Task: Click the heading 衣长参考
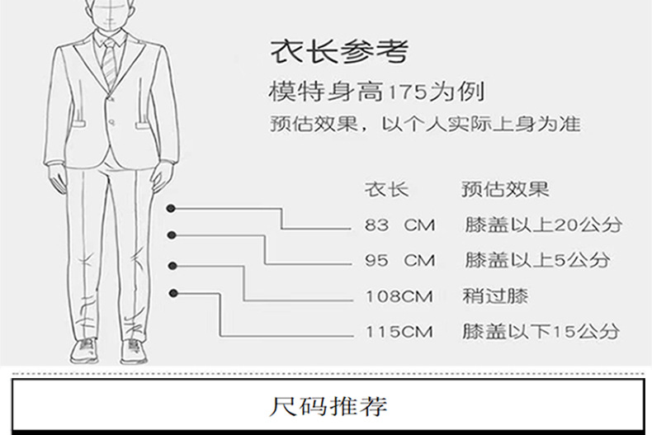[x=339, y=52]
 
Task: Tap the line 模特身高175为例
[x=376, y=90]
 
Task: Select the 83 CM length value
[x=399, y=225]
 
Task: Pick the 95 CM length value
[x=399, y=261]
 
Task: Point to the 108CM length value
[x=399, y=296]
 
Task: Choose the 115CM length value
[x=399, y=333]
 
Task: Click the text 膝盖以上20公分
[x=542, y=225]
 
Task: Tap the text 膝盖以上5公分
[x=536, y=261]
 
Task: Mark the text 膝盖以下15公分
[x=541, y=333]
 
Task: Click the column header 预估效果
[x=504, y=190]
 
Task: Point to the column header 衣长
[x=386, y=190]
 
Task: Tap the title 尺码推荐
[x=328, y=406]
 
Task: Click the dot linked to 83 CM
[x=171, y=209]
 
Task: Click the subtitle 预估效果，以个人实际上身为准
[x=425, y=125]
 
